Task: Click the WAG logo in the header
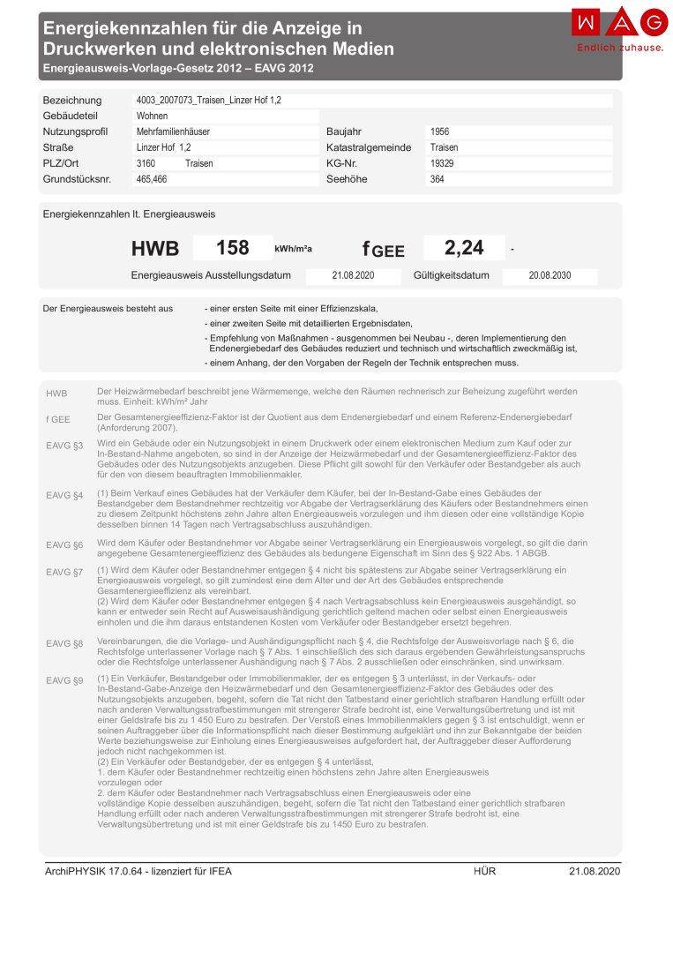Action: coord(619,22)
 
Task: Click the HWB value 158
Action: coord(232,248)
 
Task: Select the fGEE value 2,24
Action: coord(464,248)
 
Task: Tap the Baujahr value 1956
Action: coord(440,131)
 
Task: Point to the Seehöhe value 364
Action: coord(437,179)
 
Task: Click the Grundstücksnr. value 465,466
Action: coord(152,179)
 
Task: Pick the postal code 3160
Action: coord(146,163)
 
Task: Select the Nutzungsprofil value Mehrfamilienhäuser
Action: coord(173,131)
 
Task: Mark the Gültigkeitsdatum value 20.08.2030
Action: coord(550,275)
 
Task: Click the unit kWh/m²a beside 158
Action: coord(293,249)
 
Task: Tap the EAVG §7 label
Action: coord(64,572)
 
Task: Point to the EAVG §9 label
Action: coord(64,680)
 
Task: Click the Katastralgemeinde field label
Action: coord(369,147)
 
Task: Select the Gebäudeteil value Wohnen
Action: coord(153,116)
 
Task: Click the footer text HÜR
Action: coord(484,872)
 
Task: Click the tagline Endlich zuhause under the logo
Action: coord(619,48)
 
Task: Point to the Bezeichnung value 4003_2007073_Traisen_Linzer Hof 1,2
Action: coord(208,100)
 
